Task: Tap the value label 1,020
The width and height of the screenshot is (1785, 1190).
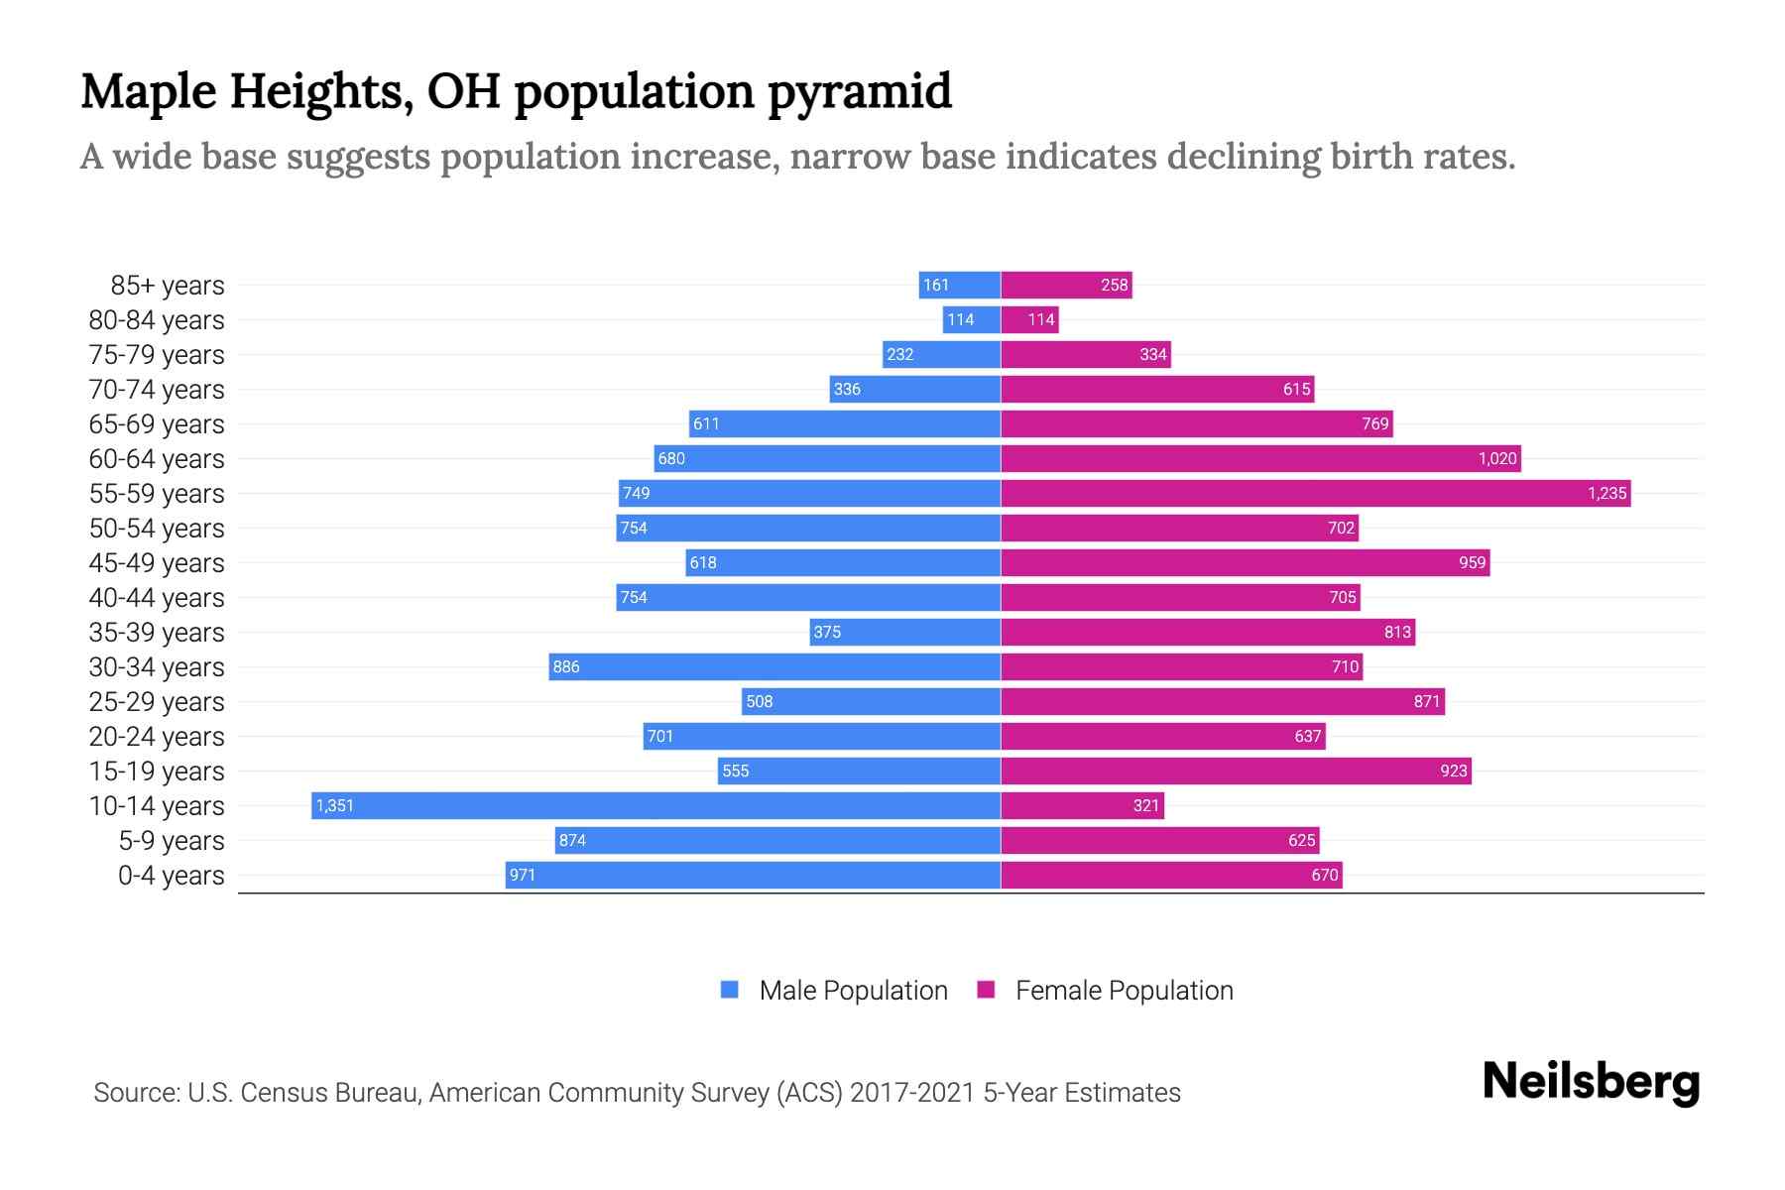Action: (1496, 458)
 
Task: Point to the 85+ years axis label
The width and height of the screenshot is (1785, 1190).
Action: (168, 286)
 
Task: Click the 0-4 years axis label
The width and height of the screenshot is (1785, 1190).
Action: (172, 876)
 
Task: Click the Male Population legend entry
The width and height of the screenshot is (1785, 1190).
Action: (853, 991)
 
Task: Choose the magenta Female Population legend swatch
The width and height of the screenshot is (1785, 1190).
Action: (986, 990)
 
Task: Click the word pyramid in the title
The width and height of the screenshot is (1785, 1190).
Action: (859, 91)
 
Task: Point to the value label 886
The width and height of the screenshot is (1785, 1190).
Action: (566, 666)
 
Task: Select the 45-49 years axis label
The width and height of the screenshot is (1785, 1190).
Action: (157, 563)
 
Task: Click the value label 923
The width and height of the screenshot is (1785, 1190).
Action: (1453, 771)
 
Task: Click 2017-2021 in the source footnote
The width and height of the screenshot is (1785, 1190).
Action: (912, 1093)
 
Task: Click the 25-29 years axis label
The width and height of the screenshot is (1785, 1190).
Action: (157, 702)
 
